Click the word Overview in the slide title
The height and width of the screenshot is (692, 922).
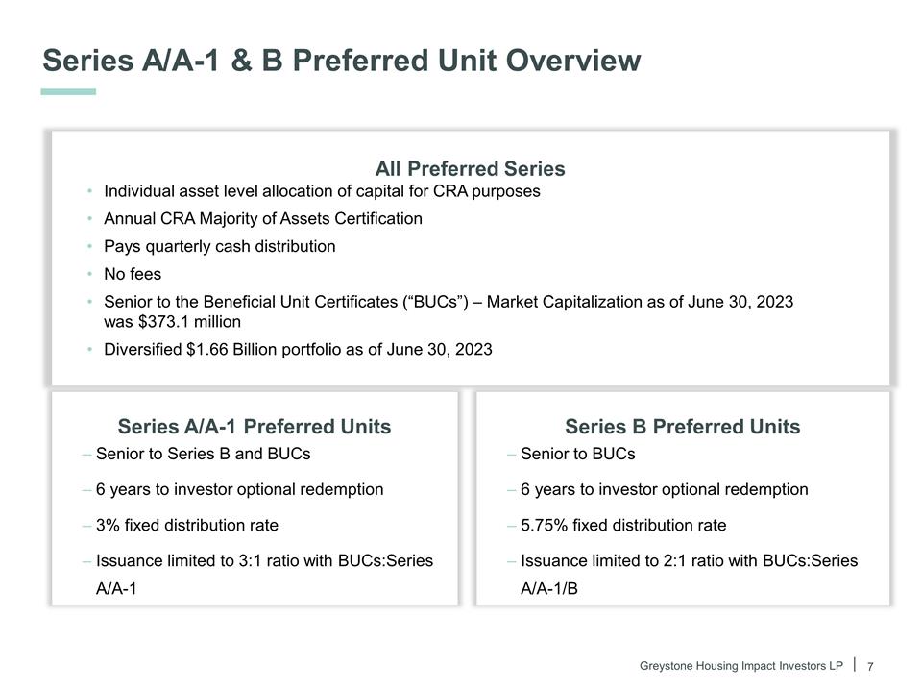[x=572, y=61]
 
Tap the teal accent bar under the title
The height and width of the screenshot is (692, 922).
[x=68, y=92]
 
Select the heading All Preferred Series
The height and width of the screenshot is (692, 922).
[x=470, y=169]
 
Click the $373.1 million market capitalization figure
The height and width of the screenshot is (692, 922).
[x=172, y=322]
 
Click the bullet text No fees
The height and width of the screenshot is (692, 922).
[x=133, y=274]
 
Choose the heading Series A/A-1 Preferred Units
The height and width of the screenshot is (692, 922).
[x=254, y=427]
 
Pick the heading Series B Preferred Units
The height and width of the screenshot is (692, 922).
[x=682, y=427]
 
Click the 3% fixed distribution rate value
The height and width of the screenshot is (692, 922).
[x=108, y=525]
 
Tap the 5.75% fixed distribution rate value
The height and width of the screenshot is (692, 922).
[x=544, y=525]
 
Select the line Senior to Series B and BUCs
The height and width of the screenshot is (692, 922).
[x=203, y=454]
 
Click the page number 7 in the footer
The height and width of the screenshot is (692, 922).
[x=870, y=667]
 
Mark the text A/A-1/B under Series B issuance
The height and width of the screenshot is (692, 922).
[x=549, y=588]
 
